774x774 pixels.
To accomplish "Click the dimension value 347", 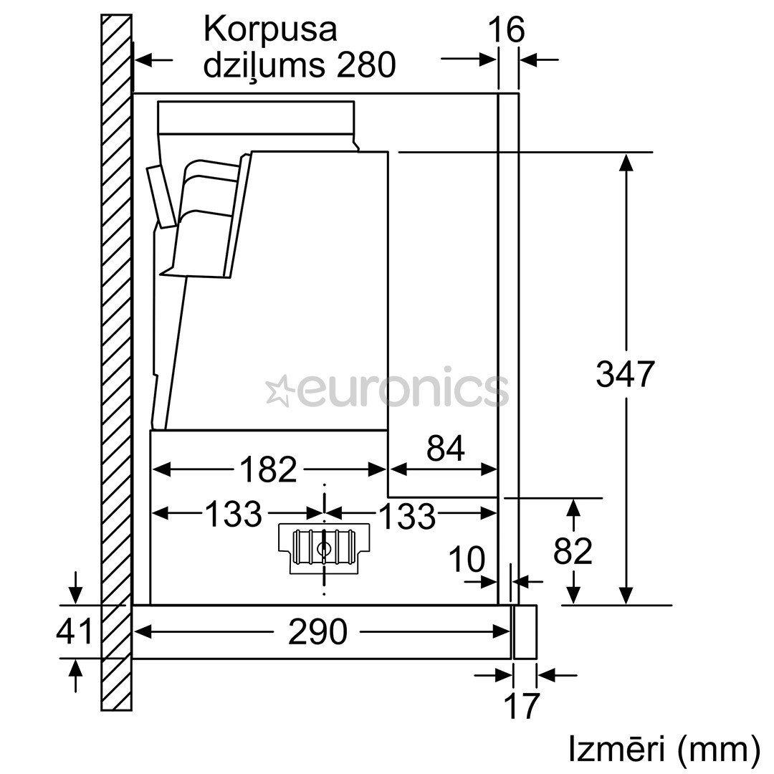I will [x=625, y=374].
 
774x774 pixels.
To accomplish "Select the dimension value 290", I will [x=317, y=631].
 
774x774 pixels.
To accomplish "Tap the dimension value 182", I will [x=267, y=470].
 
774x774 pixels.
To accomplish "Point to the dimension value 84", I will [x=445, y=449].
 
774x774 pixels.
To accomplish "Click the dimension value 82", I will [x=573, y=551].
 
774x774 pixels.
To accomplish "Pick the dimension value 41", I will [x=75, y=631].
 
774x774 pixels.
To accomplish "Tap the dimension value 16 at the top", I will [x=506, y=30].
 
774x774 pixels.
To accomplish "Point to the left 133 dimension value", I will [x=234, y=513].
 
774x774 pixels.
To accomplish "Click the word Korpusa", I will [x=270, y=30].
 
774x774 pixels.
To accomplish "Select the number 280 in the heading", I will [x=365, y=66].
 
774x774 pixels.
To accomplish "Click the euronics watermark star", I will [x=279, y=391].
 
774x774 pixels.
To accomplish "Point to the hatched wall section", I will [x=116, y=358].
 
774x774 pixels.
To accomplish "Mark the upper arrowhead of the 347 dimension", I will [x=626, y=162].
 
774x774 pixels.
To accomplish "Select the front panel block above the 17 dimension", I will [x=525, y=631].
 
